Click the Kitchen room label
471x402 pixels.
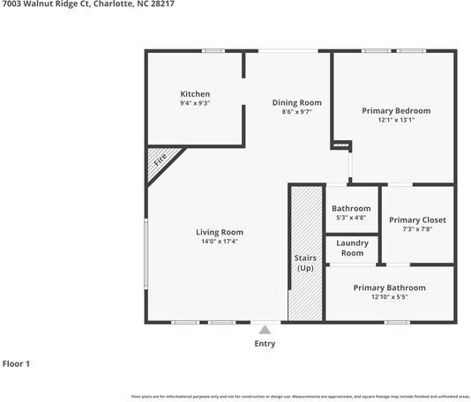[x=195, y=93]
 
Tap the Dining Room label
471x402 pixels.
[x=296, y=102]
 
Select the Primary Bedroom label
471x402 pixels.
[x=396, y=110]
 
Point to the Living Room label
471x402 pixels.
[x=219, y=232]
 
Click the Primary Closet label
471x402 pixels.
[x=417, y=220]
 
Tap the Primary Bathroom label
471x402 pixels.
[x=389, y=287]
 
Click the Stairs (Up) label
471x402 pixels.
[x=305, y=263]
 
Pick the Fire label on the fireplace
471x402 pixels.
[x=161, y=160]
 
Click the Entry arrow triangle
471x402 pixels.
[x=264, y=330]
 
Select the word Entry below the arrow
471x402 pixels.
[x=265, y=344]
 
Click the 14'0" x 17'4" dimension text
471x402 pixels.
[x=219, y=242]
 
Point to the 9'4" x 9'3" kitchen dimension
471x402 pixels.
[x=195, y=103]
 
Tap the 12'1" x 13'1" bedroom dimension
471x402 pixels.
[x=396, y=120]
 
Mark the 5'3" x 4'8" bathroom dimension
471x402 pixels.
[x=351, y=218]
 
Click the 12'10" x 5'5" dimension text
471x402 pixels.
[x=389, y=297]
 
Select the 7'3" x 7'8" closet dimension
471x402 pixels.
[x=417, y=229]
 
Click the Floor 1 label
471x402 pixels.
[x=16, y=363]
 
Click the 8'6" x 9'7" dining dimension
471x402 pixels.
[x=296, y=112]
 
